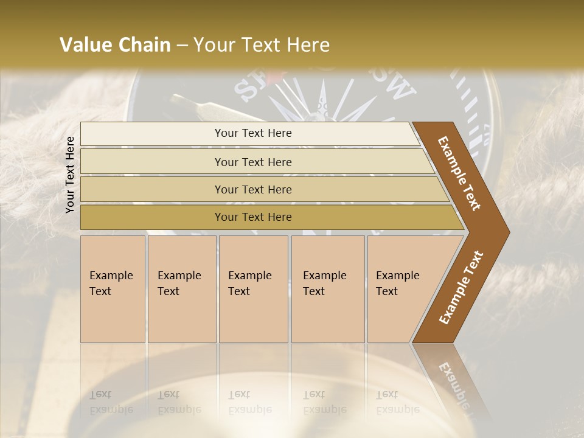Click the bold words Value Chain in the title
115,45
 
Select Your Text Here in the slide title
262,45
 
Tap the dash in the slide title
182,46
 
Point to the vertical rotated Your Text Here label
70,175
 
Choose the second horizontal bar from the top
252,162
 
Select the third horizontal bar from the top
252,189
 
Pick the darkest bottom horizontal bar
252,217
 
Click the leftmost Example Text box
113,289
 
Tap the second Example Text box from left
181,289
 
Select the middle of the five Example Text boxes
253,289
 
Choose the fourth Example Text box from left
328,289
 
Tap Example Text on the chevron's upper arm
459,173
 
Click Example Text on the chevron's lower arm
461,288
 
